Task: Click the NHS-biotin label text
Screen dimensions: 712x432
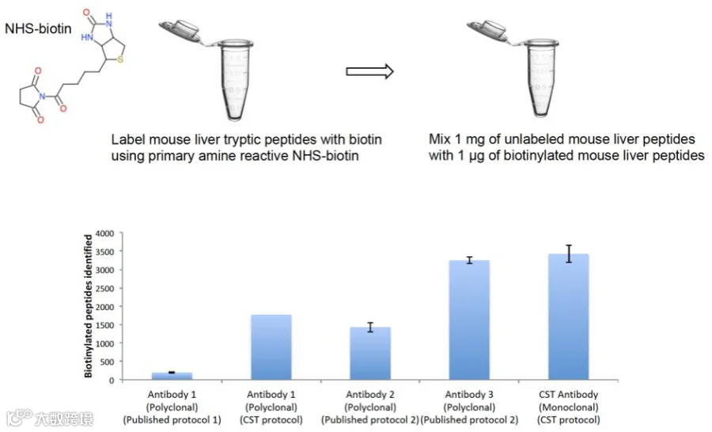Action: pos(38,28)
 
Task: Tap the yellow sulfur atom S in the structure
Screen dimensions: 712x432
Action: pos(120,59)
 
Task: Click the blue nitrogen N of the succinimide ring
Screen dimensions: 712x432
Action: pos(42,97)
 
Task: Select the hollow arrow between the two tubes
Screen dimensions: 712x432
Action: pos(369,71)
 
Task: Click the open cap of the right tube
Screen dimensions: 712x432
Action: pos(490,32)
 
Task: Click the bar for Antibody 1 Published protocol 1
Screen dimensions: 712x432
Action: pos(172,376)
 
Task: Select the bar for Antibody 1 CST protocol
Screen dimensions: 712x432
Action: pos(271,347)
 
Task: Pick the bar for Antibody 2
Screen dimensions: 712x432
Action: pos(370,354)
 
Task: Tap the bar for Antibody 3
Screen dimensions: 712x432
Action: pos(469,320)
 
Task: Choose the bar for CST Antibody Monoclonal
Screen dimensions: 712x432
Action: pos(569,316)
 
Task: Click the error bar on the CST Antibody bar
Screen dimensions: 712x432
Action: pos(569,254)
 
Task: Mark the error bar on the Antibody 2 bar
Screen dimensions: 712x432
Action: pos(370,327)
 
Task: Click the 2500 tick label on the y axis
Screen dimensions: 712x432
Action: pos(105,289)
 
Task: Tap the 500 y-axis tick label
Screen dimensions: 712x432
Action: pos(107,362)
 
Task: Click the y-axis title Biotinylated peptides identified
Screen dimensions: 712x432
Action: pos(88,305)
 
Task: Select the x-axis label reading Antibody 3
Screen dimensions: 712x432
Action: pos(469,394)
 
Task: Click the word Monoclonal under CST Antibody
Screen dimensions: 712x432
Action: pos(569,407)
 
